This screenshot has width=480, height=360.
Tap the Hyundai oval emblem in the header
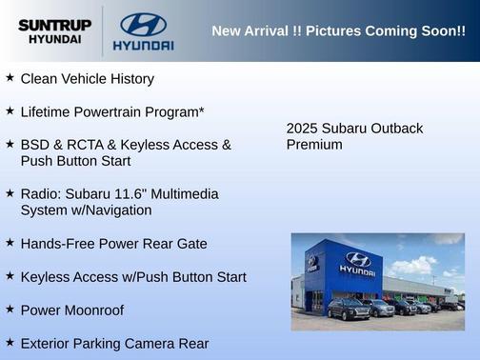(143, 24)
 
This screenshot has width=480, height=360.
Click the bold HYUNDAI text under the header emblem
(143, 45)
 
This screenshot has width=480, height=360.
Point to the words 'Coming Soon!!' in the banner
(419, 31)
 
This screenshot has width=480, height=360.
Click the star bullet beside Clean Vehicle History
(10, 77)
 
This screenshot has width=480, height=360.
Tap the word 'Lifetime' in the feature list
(46, 111)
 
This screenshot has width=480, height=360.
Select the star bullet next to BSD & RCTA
(10, 144)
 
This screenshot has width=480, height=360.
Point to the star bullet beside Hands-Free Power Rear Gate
(10, 243)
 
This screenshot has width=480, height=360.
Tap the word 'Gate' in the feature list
(190, 244)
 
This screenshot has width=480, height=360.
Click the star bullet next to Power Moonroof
(10, 309)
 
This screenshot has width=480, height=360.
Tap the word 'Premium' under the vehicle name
(314, 145)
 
